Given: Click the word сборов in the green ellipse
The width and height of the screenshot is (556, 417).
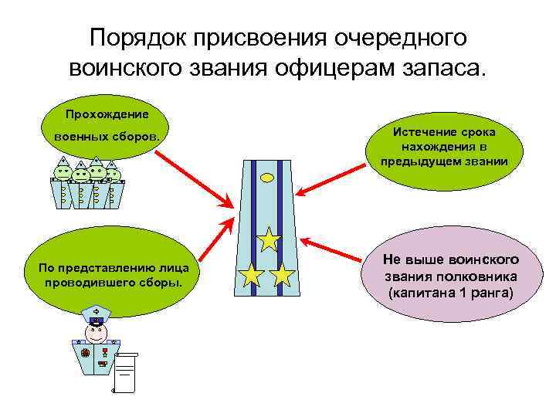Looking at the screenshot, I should pos(137,136).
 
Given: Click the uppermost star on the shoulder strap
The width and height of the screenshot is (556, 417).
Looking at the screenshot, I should pos(268,240).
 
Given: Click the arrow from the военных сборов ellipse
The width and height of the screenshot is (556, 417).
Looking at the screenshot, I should pos(193,178).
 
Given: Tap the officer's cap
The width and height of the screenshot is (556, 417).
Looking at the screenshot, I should pos(95,314).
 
